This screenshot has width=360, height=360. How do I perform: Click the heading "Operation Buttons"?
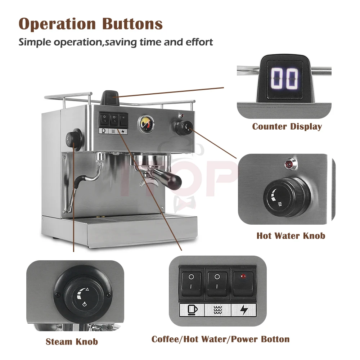point(91,24)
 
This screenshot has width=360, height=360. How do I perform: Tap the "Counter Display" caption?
point(287,126)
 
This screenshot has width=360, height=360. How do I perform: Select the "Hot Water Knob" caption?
point(291,236)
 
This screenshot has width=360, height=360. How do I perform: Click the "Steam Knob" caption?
point(72,342)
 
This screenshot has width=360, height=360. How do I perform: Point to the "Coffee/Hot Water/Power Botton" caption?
point(220,339)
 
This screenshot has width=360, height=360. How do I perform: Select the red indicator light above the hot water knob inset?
point(288,165)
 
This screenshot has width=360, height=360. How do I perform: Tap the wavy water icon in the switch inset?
point(217,310)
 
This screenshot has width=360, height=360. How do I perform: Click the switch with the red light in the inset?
point(243,284)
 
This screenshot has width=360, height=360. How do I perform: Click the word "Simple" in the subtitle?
point(35,42)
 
